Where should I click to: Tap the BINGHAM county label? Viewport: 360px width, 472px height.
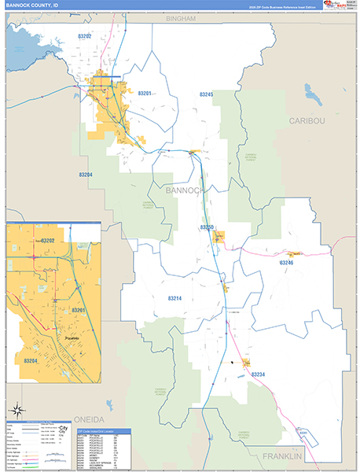(x=179, y=18)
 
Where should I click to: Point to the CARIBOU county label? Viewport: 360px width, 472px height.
(x=306, y=120)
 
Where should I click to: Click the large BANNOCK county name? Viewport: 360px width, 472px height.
(x=186, y=190)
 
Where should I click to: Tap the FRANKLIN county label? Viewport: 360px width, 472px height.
(x=282, y=456)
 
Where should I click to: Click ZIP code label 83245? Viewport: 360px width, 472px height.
(x=205, y=94)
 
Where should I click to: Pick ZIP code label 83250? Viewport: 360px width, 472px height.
(x=207, y=227)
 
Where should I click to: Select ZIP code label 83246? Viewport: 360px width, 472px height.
(x=285, y=262)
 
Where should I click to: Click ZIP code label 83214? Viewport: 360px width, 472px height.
(x=174, y=299)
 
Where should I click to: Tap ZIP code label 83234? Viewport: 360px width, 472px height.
(x=259, y=374)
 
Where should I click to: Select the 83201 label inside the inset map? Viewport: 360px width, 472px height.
(x=78, y=311)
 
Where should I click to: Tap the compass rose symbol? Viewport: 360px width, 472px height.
(x=17, y=409)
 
